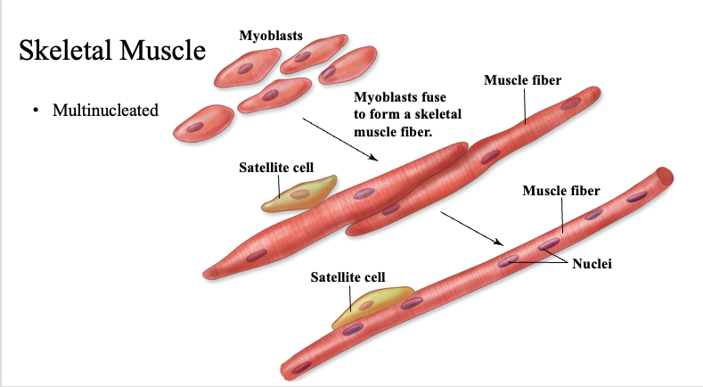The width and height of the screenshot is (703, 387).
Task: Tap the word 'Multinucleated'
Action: (105, 111)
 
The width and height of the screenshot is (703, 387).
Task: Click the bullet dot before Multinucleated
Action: (36, 111)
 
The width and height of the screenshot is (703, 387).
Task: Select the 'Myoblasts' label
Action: (271, 36)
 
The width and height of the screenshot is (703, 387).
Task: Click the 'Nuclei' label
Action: (593, 265)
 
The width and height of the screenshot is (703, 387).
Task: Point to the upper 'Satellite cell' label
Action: (276, 167)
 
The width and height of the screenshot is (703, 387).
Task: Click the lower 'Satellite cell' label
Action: (347, 277)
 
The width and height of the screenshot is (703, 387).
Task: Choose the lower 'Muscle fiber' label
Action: (560, 191)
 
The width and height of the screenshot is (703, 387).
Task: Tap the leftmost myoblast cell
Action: (203, 121)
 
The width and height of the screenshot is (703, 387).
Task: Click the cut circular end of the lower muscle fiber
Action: (663, 177)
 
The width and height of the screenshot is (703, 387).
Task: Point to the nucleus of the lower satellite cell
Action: (365, 305)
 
